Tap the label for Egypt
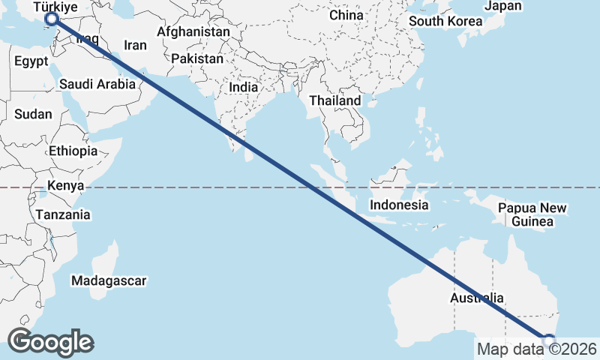pos(31,61)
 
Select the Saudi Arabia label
pos(97,84)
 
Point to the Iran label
pos(135,45)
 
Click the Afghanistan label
pos(193,32)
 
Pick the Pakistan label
pos(197,58)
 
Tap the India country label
pos(243,87)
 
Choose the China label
pos(346,15)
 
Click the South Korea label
pos(445,21)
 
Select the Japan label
pos(503,6)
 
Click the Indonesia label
pos(399,205)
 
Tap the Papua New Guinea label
pos(532,214)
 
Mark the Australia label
pos(477,298)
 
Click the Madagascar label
pos(109,281)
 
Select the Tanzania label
pos(62,215)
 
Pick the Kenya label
pos(65,185)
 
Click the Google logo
pos(50,342)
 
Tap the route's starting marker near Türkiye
pos(52,19)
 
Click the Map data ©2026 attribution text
pos(536,349)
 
